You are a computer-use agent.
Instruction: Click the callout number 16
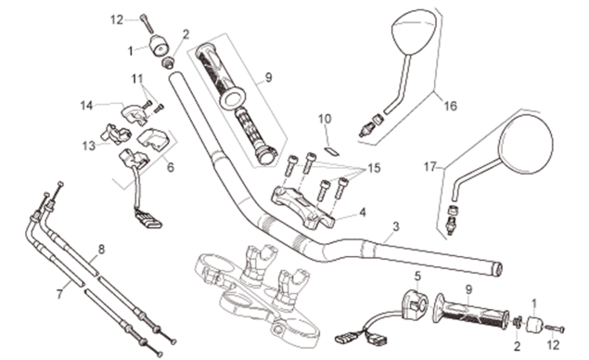451,106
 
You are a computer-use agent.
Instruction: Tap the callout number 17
430,166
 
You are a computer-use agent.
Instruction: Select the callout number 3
395,226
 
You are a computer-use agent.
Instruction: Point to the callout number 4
362,212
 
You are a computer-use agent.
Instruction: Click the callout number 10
325,119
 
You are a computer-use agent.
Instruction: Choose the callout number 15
374,168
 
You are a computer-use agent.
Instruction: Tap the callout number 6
171,167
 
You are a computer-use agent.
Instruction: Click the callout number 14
86,106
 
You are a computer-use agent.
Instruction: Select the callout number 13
89,146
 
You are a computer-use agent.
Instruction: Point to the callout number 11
137,79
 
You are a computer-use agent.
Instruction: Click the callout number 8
101,250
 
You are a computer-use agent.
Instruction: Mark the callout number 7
59,294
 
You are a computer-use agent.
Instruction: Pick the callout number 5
417,276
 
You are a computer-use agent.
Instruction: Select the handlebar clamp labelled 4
302,206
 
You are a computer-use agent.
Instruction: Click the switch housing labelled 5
415,302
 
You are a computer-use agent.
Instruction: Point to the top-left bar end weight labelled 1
159,45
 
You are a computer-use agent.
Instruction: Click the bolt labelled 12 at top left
147,23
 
